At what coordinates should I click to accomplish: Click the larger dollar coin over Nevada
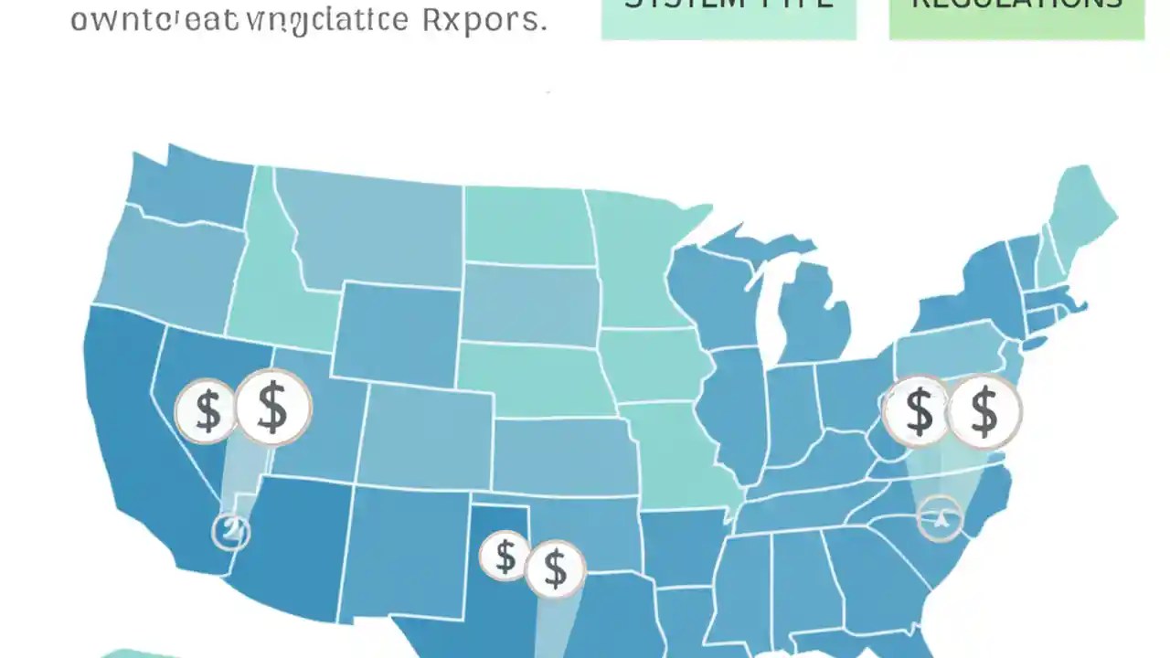pos(272,408)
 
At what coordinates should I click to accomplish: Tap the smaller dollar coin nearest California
pos(207,410)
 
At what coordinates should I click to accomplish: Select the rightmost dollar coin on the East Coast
pos(984,411)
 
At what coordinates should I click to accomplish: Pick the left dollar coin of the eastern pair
pos(918,411)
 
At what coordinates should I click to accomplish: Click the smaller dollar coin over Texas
pos(505,556)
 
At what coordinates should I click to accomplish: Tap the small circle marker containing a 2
pos(230,530)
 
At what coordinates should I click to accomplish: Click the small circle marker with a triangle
pos(940,518)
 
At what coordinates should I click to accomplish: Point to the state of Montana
pos(375,228)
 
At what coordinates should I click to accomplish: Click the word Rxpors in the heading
pos(484,20)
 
